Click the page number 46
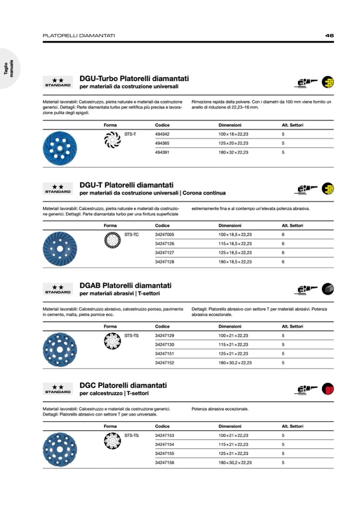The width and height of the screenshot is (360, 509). click(x=329, y=36)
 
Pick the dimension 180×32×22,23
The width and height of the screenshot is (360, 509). click(x=233, y=152)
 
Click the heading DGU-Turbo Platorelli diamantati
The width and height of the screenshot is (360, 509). click(x=134, y=79)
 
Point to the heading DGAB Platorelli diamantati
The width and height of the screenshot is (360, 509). click(x=125, y=286)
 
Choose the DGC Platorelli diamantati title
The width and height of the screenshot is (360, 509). click(x=123, y=385)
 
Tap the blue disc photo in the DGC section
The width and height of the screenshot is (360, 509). click(x=59, y=448)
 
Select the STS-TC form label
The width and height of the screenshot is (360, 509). click(x=131, y=235)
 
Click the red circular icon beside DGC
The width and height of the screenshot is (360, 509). click(x=328, y=389)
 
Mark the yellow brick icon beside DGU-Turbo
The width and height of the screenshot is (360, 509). click(x=328, y=82)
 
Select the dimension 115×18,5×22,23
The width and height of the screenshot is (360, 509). click(x=235, y=244)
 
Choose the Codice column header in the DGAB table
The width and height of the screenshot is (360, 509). click(x=162, y=326)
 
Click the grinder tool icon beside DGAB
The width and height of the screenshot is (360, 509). click(x=305, y=289)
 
